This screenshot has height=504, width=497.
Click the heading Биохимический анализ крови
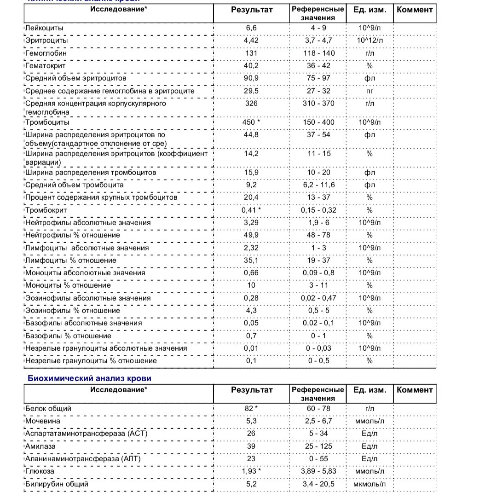(90, 378)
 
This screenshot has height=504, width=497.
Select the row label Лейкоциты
(44, 28)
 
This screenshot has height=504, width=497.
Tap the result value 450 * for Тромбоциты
(251, 122)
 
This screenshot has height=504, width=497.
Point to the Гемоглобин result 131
(251, 53)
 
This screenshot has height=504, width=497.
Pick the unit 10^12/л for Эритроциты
(369, 41)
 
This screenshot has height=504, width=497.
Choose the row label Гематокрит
(46, 65)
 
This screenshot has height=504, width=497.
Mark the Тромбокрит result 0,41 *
(251, 210)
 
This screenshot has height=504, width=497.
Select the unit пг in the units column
(369, 91)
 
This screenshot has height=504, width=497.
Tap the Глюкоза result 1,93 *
(251, 471)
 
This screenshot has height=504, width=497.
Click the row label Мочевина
(43, 421)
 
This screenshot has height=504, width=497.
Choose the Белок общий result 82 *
(251, 409)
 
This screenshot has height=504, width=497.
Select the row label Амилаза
(40, 446)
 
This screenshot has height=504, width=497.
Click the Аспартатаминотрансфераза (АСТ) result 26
(251, 434)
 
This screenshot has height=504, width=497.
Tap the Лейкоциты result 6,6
(251, 28)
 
